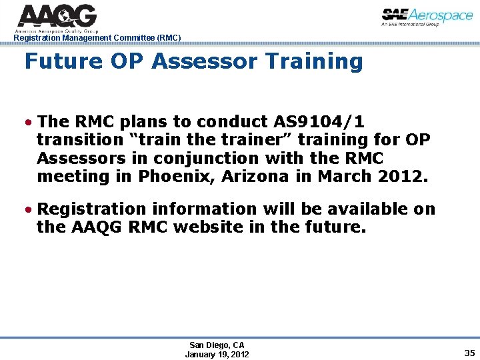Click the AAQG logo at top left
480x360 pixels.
click(57, 16)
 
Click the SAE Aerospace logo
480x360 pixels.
click(427, 17)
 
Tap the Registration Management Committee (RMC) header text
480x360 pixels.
click(97, 38)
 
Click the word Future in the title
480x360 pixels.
click(63, 61)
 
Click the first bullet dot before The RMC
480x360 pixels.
click(29, 123)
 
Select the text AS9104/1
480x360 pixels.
click(319, 122)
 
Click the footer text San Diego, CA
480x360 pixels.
click(217, 345)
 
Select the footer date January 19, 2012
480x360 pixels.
click(217, 355)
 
